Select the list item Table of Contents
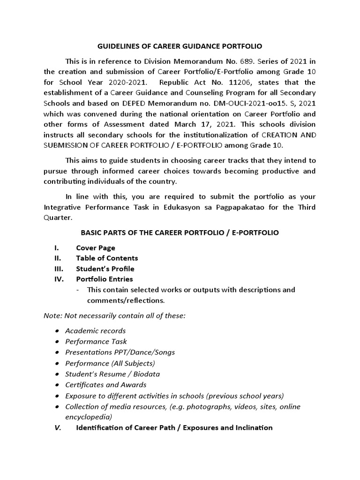[107, 258]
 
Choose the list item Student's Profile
[105, 269]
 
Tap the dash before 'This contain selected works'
[77, 290]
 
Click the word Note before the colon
[52, 315]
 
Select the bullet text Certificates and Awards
[102, 385]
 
